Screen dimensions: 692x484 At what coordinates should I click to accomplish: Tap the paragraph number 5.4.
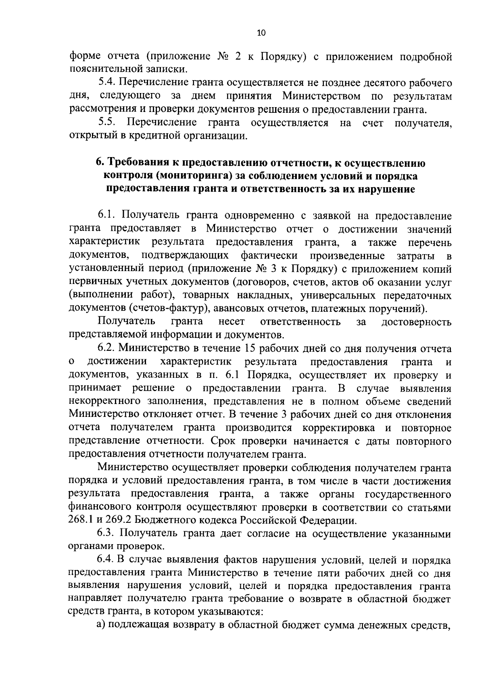[x=107, y=83]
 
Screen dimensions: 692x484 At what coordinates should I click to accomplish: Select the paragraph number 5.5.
[x=107, y=122]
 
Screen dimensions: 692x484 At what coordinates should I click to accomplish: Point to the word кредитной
[x=154, y=136]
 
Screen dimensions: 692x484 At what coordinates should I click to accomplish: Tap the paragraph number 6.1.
[x=106, y=215]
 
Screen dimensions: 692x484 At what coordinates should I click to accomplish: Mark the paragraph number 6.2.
[x=106, y=348]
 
